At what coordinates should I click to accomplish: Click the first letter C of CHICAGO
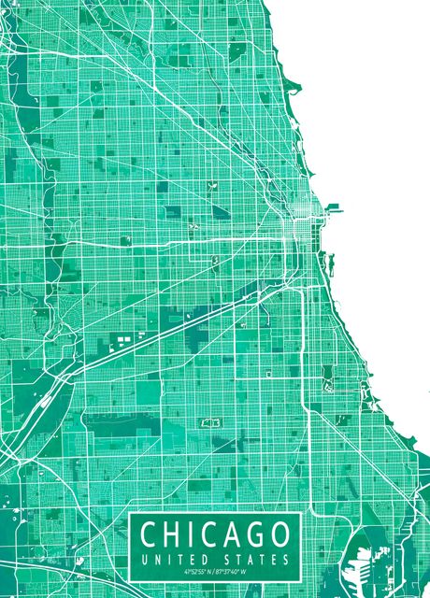[x=150, y=535]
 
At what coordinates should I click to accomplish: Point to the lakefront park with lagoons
[x=328, y=378]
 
